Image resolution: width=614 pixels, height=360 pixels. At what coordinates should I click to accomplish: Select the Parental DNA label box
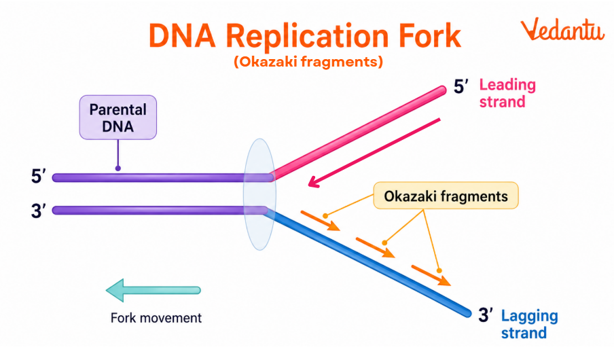pyautogui.click(x=118, y=118)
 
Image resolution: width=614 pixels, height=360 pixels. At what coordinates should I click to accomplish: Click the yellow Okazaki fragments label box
pyautogui.click(x=446, y=196)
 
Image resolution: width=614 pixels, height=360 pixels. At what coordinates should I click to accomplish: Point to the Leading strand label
pyautogui.click(x=507, y=94)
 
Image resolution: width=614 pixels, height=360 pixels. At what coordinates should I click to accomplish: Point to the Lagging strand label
pyautogui.click(x=528, y=324)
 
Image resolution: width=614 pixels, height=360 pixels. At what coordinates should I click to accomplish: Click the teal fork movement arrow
pyautogui.click(x=153, y=290)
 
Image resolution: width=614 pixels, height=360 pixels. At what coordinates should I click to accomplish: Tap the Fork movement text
pyautogui.click(x=156, y=318)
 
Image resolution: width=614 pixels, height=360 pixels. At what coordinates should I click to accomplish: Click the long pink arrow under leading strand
pyautogui.click(x=374, y=151)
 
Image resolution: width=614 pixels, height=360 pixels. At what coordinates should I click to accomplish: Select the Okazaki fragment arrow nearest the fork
pyautogui.click(x=319, y=221)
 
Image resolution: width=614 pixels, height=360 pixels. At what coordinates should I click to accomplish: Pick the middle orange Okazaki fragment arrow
pyautogui.click(x=375, y=247)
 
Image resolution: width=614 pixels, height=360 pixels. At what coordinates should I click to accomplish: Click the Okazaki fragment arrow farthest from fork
pyautogui.click(x=431, y=273)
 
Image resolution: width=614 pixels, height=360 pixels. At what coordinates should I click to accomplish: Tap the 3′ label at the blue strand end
pyautogui.click(x=486, y=315)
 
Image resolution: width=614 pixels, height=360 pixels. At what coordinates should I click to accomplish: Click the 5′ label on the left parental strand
pyautogui.click(x=38, y=177)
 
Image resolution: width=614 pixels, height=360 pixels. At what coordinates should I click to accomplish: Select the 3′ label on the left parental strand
pyautogui.click(x=38, y=211)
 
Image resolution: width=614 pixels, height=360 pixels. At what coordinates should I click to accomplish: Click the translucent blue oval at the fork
pyautogui.click(x=258, y=194)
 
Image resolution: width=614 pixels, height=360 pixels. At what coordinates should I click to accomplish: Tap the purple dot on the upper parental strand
pyautogui.click(x=118, y=168)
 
